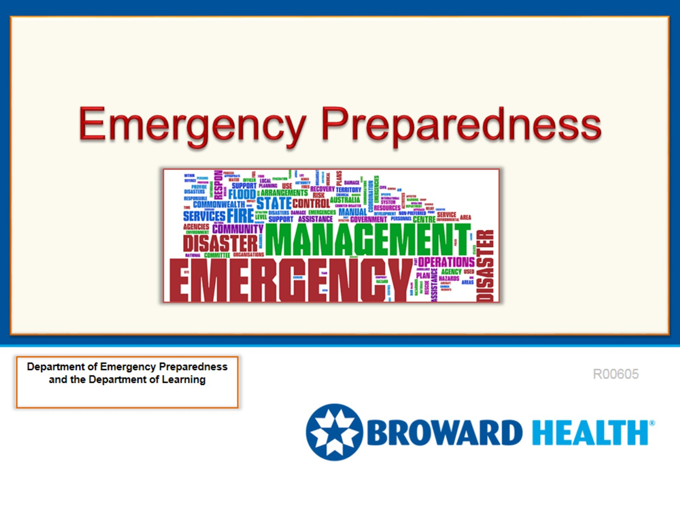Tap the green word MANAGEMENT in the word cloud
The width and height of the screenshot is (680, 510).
pyautogui.click(x=367, y=240)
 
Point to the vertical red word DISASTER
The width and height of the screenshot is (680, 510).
pyautogui.click(x=485, y=265)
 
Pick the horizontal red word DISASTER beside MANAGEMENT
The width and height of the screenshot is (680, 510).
pyautogui.click(x=220, y=244)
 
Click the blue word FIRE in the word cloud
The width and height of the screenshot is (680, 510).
pyautogui.click(x=240, y=216)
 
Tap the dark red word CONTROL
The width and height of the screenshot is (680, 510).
pyautogui.click(x=311, y=204)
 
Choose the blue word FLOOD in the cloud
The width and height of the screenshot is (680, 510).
pyautogui.click(x=242, y=194)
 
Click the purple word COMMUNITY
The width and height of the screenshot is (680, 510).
pyautogui.click(x=238, y=229)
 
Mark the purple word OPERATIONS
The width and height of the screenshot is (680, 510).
pyautogui.click(x=446, y=262)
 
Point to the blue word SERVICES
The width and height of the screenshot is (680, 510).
pyautogui.click(x=204, y=216)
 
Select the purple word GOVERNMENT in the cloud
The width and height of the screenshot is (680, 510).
pyautogui.click(x=368, y=219)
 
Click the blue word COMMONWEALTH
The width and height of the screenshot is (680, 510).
pyautogui.click(x=219, y=204)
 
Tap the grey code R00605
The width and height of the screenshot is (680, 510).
pyautogui.click(x=615, y=374)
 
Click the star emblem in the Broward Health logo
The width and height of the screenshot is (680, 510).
pyautogui.click(x=334, y=432)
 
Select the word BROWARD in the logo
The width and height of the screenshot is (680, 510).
pyautogui.click(x=444, y=433)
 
